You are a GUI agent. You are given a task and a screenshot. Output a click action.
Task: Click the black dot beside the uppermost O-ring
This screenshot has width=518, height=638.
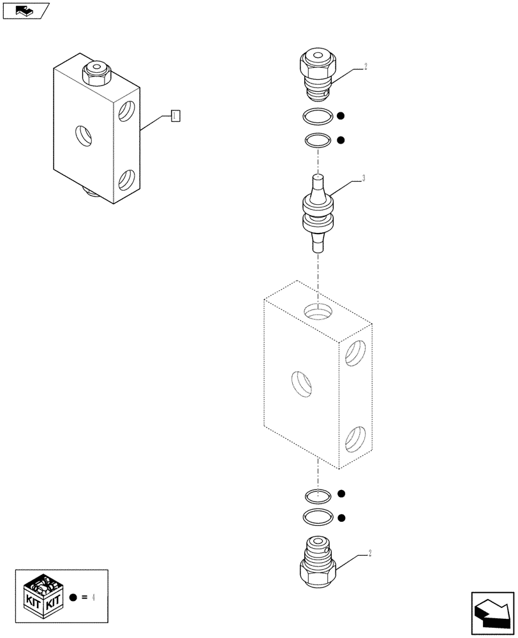(341, 116)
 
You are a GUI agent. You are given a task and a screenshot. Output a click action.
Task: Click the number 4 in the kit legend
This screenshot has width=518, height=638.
(94, 598)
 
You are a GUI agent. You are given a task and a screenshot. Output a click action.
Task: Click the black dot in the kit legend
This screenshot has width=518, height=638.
(73, 598)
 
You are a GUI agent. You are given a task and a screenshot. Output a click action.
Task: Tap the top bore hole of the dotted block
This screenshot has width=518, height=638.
(318, 311)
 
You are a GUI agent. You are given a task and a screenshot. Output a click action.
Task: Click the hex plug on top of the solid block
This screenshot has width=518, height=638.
(97, 75)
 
